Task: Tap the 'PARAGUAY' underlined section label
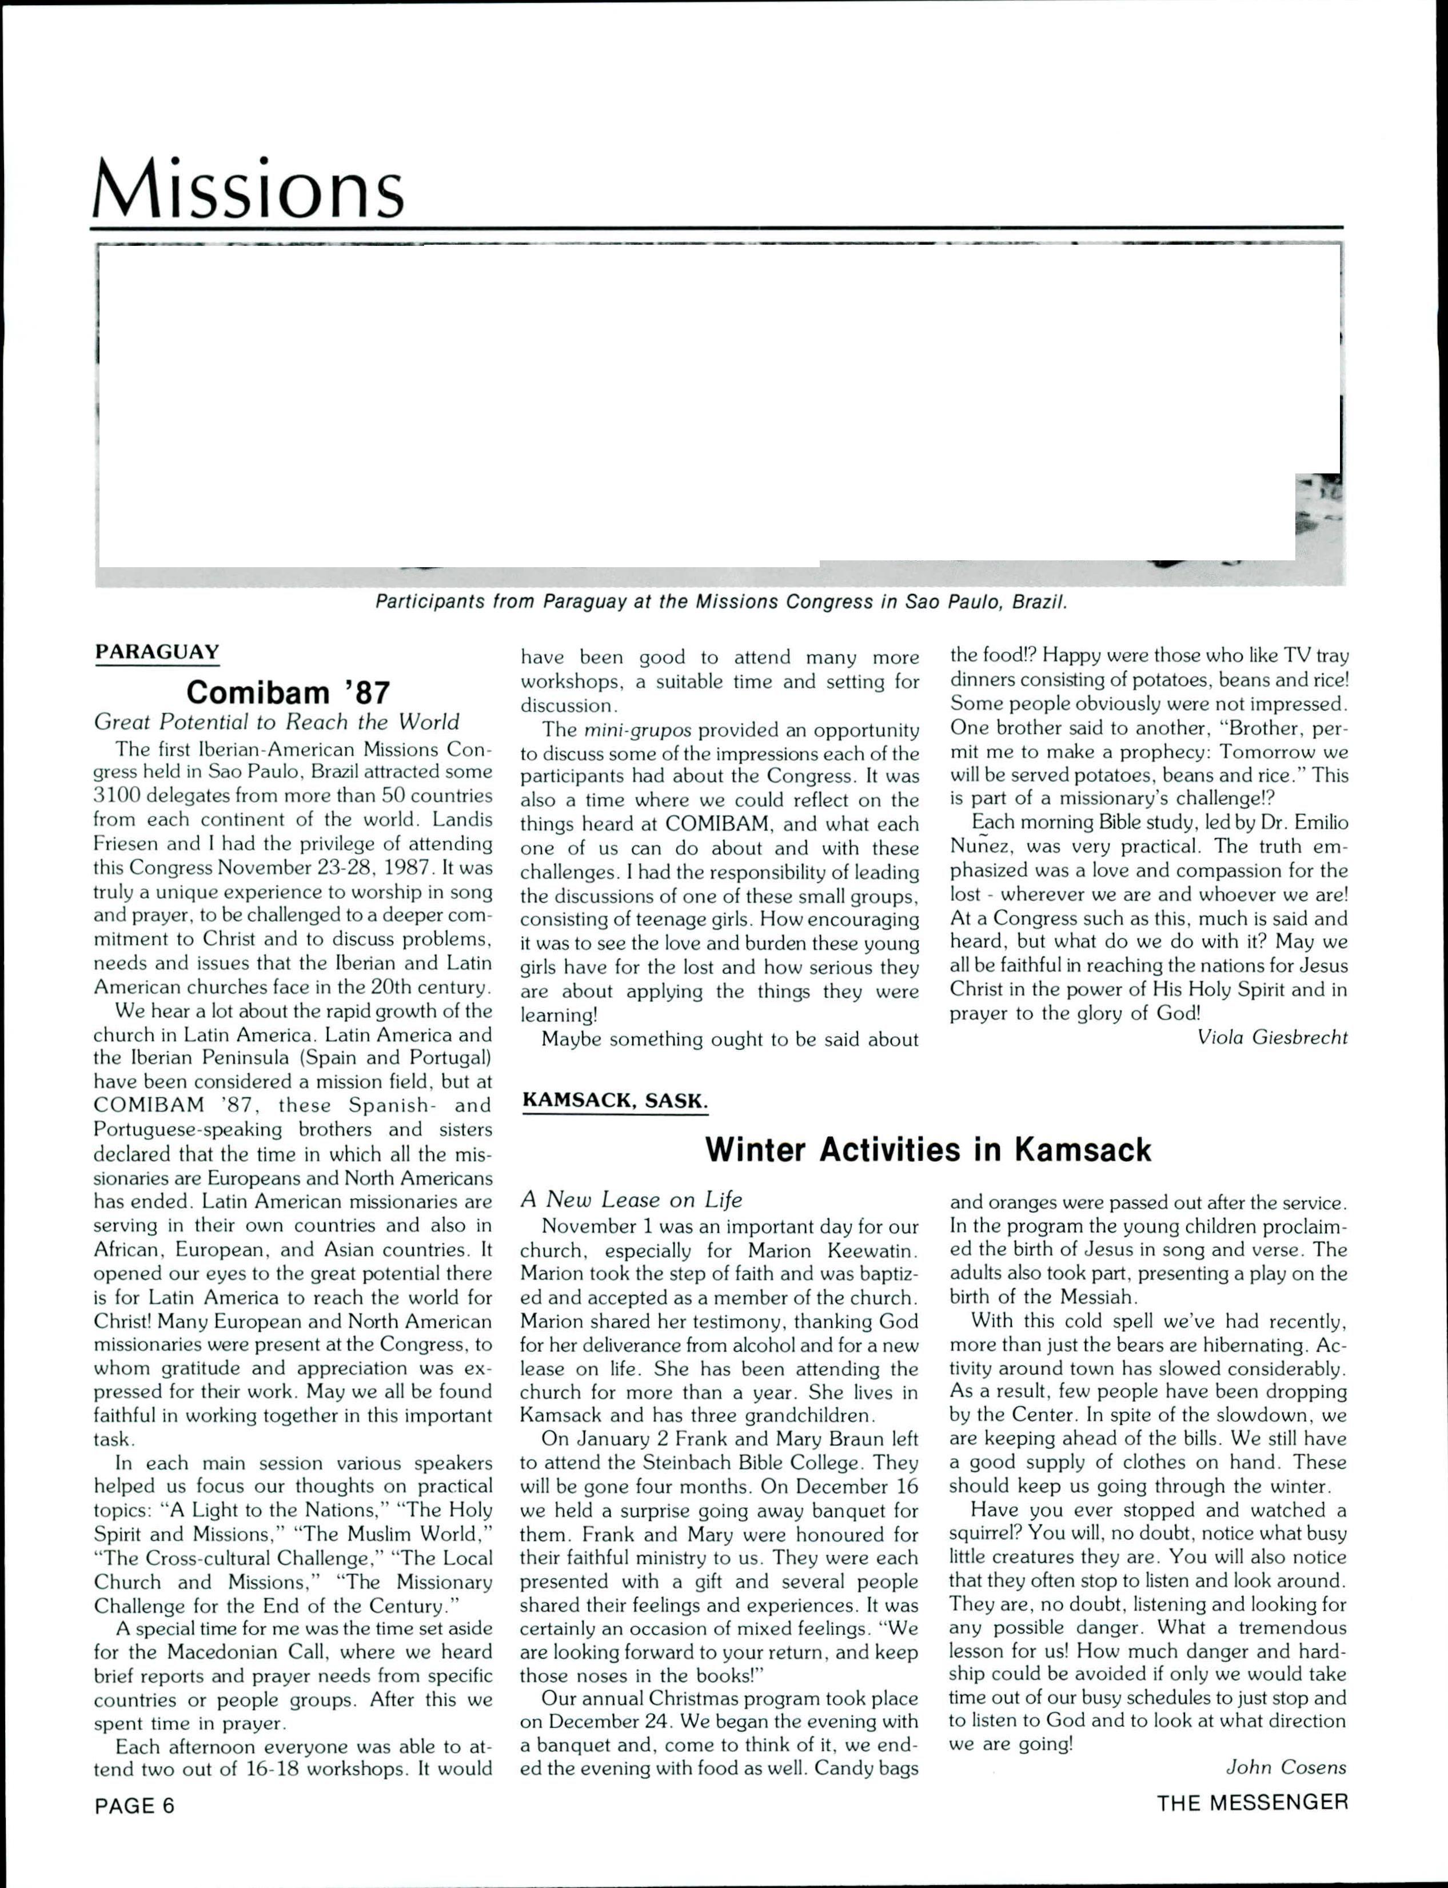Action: [157, 652]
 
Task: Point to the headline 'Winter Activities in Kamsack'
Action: [928, 1150]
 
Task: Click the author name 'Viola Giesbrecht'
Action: [1272, 1038]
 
